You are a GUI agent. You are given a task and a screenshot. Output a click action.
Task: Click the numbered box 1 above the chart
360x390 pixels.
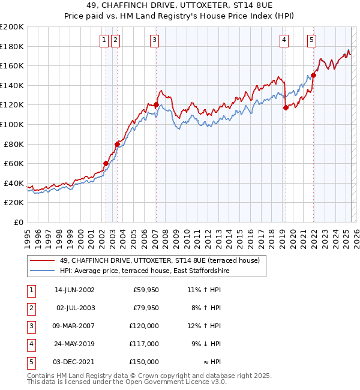pyautogui.click(x=104, y=40)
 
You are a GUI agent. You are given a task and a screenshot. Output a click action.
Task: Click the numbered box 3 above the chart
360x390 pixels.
pyautogui.click(x=154, y=40)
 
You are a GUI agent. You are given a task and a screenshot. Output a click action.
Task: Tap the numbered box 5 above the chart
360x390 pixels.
pyautogui.click(x=312, y=40)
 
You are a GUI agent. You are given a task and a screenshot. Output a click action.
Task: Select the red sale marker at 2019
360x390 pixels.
pyautogui.click(x=286, y=107)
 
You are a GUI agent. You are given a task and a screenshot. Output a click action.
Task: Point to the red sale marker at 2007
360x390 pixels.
pyautogui.click(x=156, y=105)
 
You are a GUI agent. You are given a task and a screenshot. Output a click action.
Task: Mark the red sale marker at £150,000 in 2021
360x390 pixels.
pyautogui.click(x=313, y=76)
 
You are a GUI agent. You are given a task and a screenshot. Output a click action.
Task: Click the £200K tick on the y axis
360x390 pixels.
pyautogui.click(x=12, y=27)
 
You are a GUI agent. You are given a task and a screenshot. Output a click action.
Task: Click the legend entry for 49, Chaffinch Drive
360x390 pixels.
pyautogui.click(x=159, y=260)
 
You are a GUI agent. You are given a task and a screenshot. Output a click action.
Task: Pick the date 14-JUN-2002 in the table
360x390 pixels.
pyautogui.click(x=74, y=290)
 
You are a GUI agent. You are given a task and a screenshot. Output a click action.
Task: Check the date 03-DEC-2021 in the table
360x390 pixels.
pyautogui.click(x=74, y=362)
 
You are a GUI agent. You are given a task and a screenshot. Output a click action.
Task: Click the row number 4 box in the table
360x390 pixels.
pyautogui.click(x=31, y=344)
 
